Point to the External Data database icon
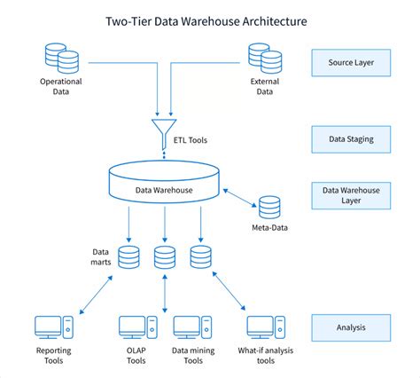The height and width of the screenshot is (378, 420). coord(268,59)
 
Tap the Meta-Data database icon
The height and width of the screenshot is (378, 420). coord(269,208)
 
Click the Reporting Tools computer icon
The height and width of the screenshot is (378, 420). coord(53,327)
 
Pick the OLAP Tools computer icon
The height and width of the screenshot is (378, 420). coord(136,327)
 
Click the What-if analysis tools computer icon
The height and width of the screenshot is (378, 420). coord(263,327)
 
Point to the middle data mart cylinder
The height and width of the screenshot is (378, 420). coord(164,258)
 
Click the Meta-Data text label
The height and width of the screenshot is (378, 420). coord(269,230)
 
